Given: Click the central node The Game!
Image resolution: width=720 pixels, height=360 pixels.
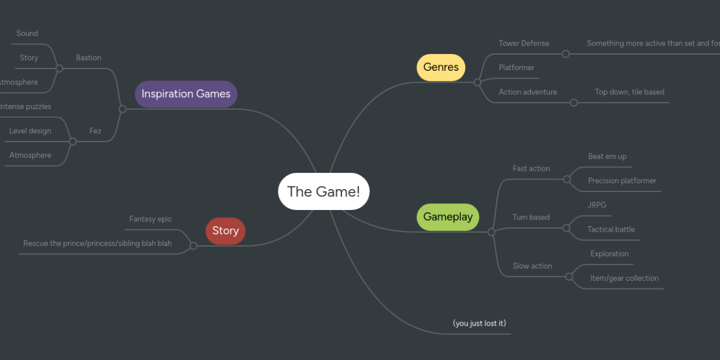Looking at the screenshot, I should pyautogui.click(x=323, y=191).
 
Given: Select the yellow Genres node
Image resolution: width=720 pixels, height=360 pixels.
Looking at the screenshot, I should pyautogui.click(x=441, y=67).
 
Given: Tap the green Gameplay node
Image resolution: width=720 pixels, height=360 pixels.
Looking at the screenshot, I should pyautogui.click(x=448, y=217).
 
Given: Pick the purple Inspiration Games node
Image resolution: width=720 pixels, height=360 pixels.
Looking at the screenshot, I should pyautogui.click(x=186, y=94).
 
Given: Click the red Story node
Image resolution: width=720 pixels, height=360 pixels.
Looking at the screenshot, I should pyautogui.click(x=226, y=231).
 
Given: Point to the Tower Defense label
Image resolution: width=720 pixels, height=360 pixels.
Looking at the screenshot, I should pyautogui.click(x=524, y=43).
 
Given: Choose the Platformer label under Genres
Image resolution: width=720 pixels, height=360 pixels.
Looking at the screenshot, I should pyautogui.click(x=516, y=68).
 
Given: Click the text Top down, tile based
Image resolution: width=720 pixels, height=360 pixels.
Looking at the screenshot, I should pyautogui.click(x=629, y=92).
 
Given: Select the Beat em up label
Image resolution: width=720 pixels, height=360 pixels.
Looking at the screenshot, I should pyautogui.click(x=607, y=157).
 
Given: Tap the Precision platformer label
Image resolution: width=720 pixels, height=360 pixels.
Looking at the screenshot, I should pyautogui.click(x=622, y=181).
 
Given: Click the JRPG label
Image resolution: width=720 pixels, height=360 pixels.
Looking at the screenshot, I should pyautogui.click(x=597, y=205).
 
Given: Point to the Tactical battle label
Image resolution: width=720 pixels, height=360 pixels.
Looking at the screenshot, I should pyautogui.click(x=611, y=229).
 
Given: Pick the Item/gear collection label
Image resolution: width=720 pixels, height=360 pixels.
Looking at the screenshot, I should pyautogui.click(x=625, y=278).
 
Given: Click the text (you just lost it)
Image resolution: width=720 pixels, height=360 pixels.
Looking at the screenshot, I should pyautogui.click(x=479, y=323).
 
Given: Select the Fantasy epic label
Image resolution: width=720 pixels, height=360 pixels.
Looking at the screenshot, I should pyautogui.click(x=151, y=219).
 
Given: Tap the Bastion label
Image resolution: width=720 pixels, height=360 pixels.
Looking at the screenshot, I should pyautogui.click(x=89, y=58).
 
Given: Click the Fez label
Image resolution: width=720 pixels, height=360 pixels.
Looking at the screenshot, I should pyautogui.click(x=95, y=131).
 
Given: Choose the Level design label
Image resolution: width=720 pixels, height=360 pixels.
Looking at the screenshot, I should pyautogui.click(x=30, y=131).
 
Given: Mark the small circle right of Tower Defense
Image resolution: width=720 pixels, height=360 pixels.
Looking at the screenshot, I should pyautogui.click(x=565, y=54).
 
